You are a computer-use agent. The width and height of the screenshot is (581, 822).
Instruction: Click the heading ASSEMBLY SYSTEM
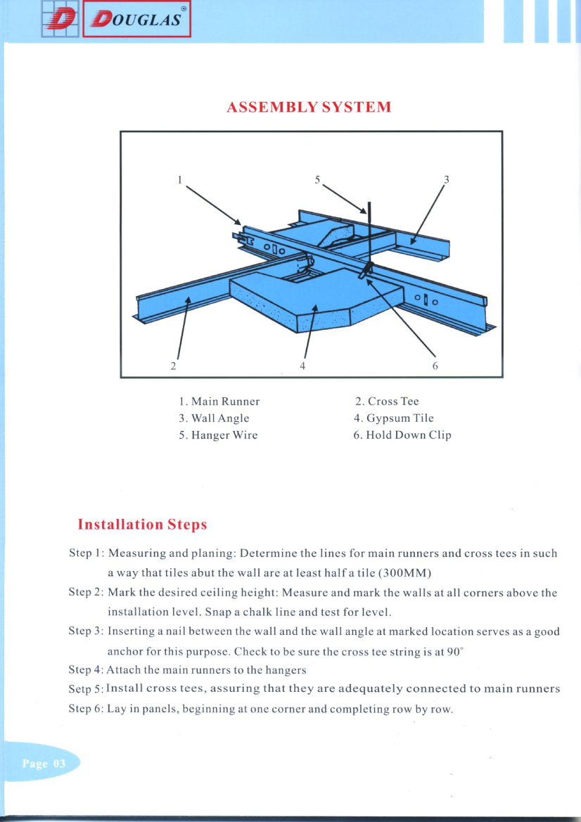pyautogui.click(x=309, y=108)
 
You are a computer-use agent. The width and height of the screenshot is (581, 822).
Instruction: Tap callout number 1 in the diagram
pyautogui.click(x=180, y=179)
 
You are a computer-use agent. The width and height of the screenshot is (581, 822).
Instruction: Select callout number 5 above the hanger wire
pyautogui.click(x=317, y=179)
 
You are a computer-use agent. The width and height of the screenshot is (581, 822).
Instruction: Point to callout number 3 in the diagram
pyautogui.click(x=446, y=179)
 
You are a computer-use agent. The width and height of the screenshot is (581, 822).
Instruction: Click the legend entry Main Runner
pyautogui.click(x=219, y=402)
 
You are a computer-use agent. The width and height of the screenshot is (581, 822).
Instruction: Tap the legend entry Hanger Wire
pyautogui.click(x=218, y=435)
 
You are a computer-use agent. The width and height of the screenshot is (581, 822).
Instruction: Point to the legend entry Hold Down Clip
pyautogui.click(x=402, y=435)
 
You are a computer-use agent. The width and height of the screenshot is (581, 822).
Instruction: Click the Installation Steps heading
pyautogui.click(x=142, y=525)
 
